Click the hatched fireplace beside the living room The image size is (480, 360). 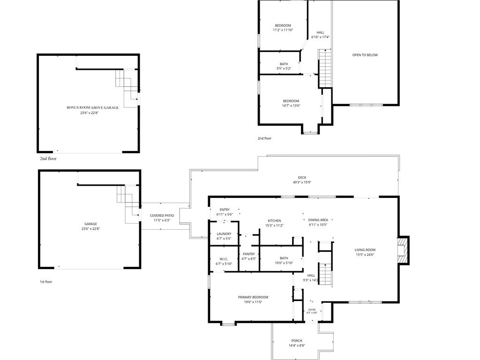pyautogui.click(x=403, y=250)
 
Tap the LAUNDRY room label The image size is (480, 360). pyautogui.click(x=224, y=234)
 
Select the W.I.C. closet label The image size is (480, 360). pyautogui.click(x=224, y=259)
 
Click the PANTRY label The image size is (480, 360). pyautogui.click(x=249, y=254)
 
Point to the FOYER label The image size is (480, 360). pyautogui.click(x=312, y=310)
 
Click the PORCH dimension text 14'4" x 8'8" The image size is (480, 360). pyautogui.click(x=297, y=345)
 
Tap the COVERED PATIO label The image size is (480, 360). pyautogui.click(x=162, y=216)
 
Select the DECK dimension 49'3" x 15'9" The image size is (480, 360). pyautogui.click(x=302, y=182)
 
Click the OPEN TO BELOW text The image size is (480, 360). pyautogui.click(x=365, y=55)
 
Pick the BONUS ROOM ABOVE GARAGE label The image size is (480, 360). pyautogui.click(x=92, y=108)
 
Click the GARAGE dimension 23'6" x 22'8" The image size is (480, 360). pyautogui.click(x=90, y=229)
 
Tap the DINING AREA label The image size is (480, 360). pyautogui.click(x=318, y=220)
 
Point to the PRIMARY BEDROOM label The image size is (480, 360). pyautogui.click(x=253, y=297)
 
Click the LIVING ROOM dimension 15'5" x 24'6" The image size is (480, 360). pyautogui.click(x=365, y=255)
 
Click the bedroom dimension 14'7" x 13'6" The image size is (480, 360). pyautogui.click(x=291, y=105)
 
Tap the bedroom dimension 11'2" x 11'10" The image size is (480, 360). pyautogui.click(x=283, y=30)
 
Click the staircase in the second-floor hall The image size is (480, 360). pyautogui.click(x=325, y=68)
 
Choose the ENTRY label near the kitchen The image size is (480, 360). pyautogui.click(x=225, y=210)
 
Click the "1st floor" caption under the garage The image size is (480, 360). pyautogui.click(x=46, y=282)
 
